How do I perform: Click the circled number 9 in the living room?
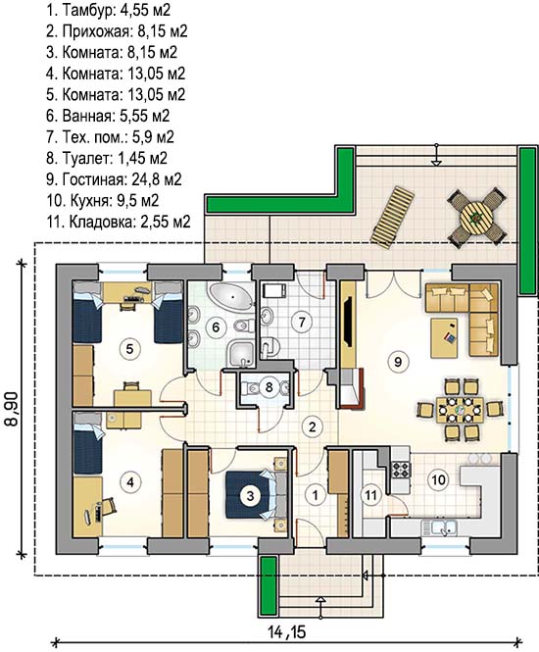(398, 362)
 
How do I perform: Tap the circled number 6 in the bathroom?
(216, 327)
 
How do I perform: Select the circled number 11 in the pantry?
(370, 495)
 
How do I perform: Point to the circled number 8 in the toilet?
(269, 387)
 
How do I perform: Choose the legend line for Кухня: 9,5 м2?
(103, 200)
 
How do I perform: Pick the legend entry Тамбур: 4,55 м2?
(108, 10)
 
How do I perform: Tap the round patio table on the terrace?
(476, 218)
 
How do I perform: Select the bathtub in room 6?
(232, 296)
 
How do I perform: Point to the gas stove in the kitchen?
(402, 470)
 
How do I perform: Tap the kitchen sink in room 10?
(439, 527)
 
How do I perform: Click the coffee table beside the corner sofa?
(444, 337)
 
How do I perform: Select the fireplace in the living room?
(351, 389)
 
